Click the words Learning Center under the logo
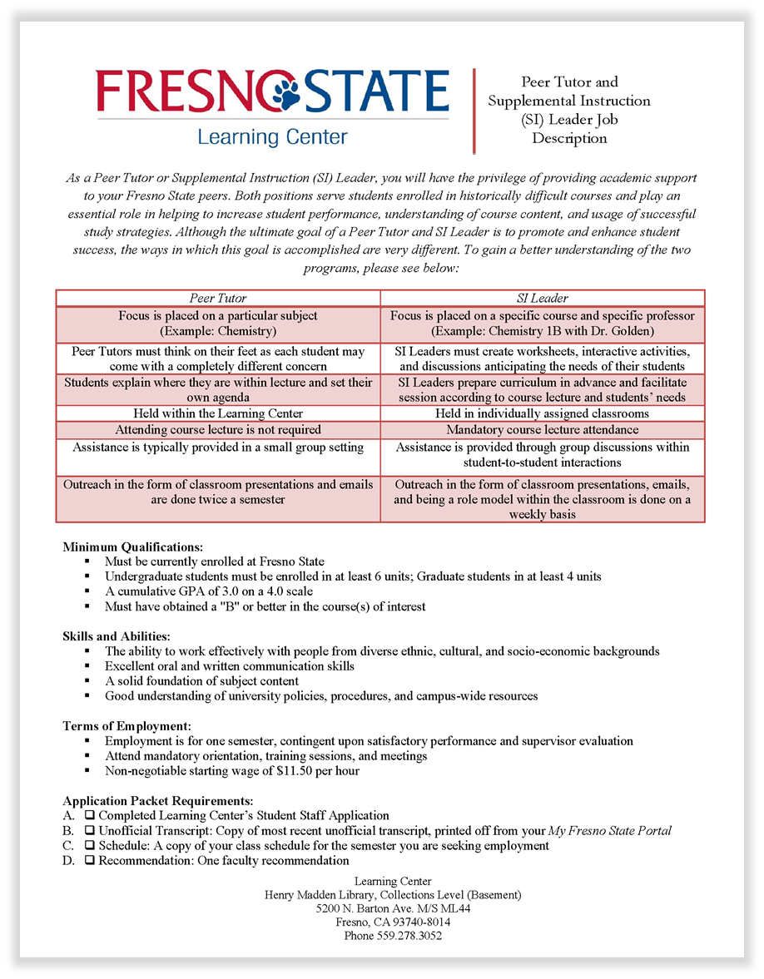click(x=272, y=136)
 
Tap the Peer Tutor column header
click(x=218, y=298)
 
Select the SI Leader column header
click(x=543, y=298)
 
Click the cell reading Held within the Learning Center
click(x=218, y=413)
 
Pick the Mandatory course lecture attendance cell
click(x=543, y=430)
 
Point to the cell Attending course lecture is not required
click(x=218, y=430)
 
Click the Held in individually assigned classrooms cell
click(x=543, y=413)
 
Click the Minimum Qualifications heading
click(x=132, y=547)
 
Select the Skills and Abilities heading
click(x=116, y=636)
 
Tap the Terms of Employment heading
click(x=127, y=726)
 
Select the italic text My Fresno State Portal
click(x=609, y=831)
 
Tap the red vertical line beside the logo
click(x=474, y=111)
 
